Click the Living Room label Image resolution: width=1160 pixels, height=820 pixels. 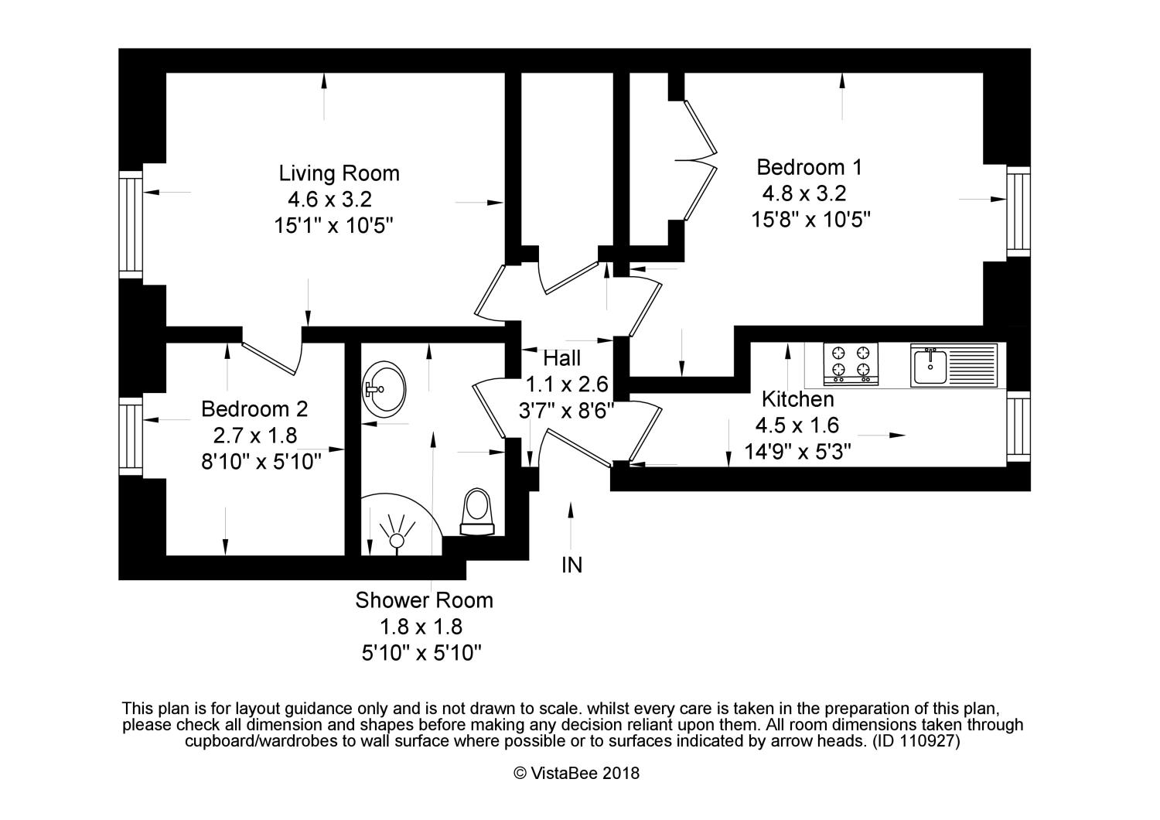[339, 173]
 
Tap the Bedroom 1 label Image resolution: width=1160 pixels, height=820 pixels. [810, 167]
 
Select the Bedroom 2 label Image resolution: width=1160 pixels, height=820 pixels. [254, 409]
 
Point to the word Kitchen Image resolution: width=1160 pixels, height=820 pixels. [798, 399]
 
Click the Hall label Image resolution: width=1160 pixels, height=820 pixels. [562, 358]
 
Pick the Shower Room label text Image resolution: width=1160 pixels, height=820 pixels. [424, 600]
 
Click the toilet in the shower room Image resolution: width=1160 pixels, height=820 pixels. [477, 512]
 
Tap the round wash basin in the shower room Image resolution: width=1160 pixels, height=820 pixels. [384, 389]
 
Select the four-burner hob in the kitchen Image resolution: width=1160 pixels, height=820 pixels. [851, 364]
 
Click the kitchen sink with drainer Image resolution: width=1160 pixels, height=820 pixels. [954, 365]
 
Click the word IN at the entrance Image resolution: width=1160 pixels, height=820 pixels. [571, 565]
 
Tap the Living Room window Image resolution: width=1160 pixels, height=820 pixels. [131, 225]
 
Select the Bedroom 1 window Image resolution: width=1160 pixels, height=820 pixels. [1018, 212]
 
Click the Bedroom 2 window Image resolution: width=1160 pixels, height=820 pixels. [131, 436]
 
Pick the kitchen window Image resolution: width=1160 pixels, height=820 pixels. [1018, 427]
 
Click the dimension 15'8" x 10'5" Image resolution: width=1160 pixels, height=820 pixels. [811, 220]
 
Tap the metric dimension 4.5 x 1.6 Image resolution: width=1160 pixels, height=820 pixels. [797, 425]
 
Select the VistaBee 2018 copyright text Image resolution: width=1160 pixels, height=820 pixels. [576, 774]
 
